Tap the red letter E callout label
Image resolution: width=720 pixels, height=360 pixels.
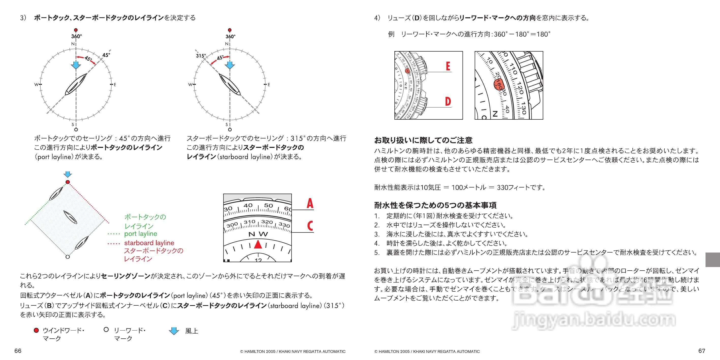448,66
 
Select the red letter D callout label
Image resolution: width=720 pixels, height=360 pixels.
448,101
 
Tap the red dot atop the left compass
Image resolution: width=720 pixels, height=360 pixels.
76,30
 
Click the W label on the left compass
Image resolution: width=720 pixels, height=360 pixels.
36,84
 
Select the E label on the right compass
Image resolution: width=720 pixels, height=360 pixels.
269,84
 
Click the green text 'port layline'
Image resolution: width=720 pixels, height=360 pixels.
141,234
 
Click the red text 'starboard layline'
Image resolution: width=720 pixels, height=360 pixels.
149,243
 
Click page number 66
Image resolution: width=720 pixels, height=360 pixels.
18,351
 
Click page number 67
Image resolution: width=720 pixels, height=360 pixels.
701,351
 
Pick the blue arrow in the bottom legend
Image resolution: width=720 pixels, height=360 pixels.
174,331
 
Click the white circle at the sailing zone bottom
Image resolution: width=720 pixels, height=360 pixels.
67,257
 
